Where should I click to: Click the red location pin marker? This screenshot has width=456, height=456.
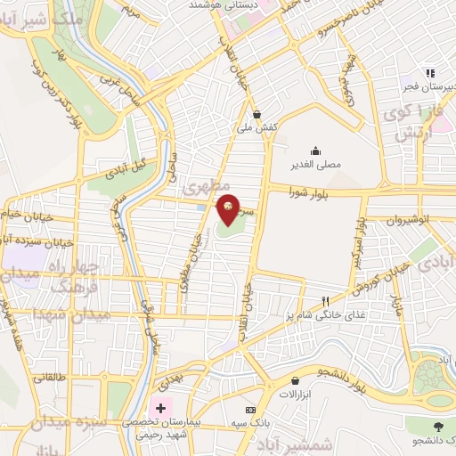pos(229,209)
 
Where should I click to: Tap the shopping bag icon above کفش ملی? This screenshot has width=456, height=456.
pos(257,114)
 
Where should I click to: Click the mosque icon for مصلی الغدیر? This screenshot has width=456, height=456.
pos(314,150)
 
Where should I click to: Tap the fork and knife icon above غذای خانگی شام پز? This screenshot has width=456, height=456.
pos(326,300)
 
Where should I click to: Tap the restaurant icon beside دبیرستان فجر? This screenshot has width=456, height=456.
pos(429,73)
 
